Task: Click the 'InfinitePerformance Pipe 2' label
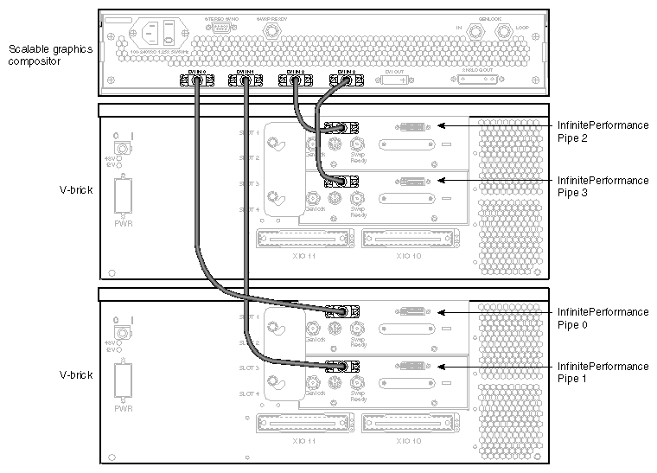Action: coord(603,131)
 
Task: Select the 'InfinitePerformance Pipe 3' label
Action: coord(603,187)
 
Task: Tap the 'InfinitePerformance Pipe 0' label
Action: coord(603,317)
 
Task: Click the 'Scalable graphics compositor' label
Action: coord(49,55)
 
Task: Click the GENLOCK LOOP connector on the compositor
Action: coord(501,32)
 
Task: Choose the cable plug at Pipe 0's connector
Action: coord(339,312)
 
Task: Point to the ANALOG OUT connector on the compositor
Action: coord(477,80)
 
